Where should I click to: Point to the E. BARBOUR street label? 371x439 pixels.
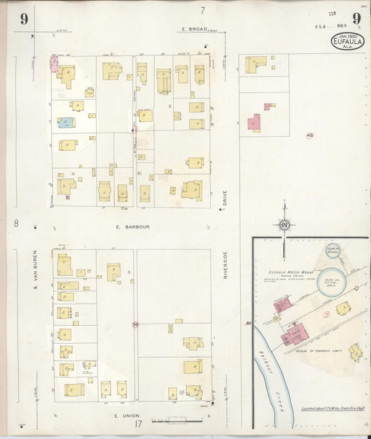tap(134, 227)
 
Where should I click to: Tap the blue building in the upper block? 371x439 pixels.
tap(66, 123)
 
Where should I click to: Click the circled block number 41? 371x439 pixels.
tap(134, 129)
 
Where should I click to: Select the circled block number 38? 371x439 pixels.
tap(135, 324)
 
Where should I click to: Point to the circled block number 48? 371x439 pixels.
tap(309, 135)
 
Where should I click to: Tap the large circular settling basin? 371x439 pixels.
tap(331, 281)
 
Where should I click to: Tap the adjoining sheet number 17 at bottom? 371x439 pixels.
tap(139, 424)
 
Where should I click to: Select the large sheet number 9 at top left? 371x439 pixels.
tap(24, 19)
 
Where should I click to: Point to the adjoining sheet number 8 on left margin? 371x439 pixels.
tap(15, 224)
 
